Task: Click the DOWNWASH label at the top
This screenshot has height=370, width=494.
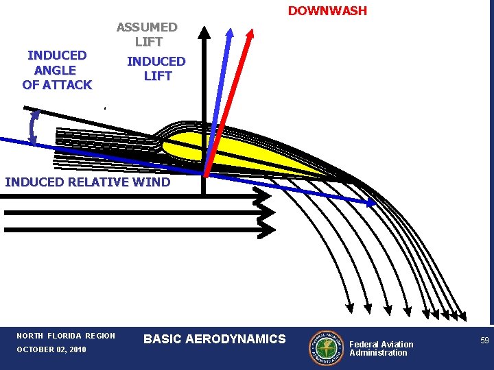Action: click(x=327, y=11)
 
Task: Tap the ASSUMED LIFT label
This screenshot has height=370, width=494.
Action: click(x=147, y=34)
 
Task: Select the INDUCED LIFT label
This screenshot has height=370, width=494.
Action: click(x=156, y=69)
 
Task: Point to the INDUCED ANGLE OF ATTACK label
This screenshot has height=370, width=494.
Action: click(x=57, y=70)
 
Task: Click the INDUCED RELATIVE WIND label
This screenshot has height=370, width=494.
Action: click(x=87, y=182)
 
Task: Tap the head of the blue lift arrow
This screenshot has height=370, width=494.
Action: click(x=230, y=32)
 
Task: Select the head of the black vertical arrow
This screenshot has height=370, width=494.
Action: click(x=204, y=31)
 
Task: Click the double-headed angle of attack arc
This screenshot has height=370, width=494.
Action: click(x=32, y=127)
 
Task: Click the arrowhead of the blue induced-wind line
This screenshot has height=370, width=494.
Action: click(x=371, y=203)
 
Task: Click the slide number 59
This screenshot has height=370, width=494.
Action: click(x=484, y=341)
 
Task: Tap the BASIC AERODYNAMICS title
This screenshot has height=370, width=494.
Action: click(x=214, y=338)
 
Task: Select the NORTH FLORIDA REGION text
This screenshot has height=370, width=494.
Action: click(x=66, y=336)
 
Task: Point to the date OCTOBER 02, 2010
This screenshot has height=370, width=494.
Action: click(x=51, y=349)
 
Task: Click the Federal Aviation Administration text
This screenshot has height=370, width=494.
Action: click(x=381, y=348)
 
